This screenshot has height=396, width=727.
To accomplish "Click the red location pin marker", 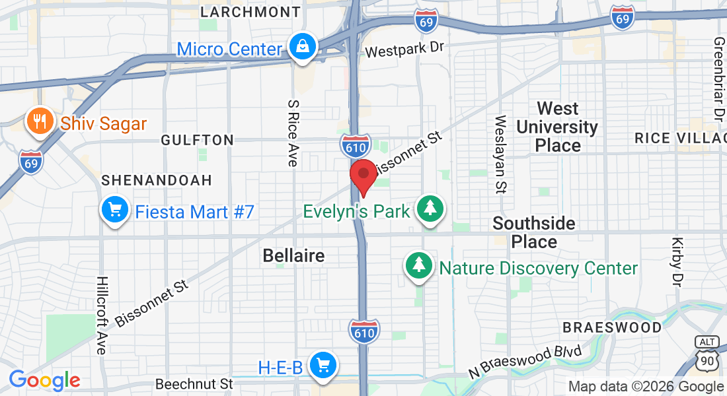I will point(363,175).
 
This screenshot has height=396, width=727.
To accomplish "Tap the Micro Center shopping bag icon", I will point(303,47).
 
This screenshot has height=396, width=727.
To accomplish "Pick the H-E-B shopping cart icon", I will point(323,365).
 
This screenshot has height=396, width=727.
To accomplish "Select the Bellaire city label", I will point(293,255).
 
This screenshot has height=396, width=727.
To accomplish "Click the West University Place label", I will point(557,127).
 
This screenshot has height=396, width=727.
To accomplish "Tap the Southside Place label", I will point(534,232).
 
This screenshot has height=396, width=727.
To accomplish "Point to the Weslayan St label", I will point(500,154).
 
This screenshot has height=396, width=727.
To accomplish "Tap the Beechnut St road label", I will point(194,383).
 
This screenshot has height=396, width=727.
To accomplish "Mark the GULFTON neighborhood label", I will point(197,140).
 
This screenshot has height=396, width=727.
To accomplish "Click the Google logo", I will point(44,380).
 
